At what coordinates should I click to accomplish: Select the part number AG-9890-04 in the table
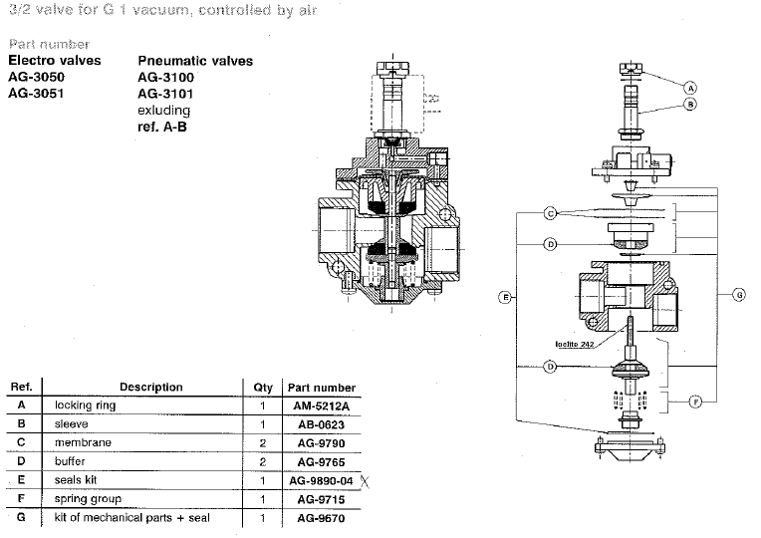[321, 480]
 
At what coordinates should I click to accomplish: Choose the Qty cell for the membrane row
[263, 442]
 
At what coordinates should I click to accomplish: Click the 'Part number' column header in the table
[321, 388]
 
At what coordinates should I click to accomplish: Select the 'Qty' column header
[263, 388]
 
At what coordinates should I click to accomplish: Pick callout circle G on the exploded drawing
[739, 294]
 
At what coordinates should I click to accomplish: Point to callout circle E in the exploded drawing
[507, 297]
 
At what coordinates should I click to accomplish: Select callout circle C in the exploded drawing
[550, 212]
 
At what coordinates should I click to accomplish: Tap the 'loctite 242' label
[576, 345]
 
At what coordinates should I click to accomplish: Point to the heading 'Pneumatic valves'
[195, 61]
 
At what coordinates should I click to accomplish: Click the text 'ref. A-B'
[163, 127]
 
